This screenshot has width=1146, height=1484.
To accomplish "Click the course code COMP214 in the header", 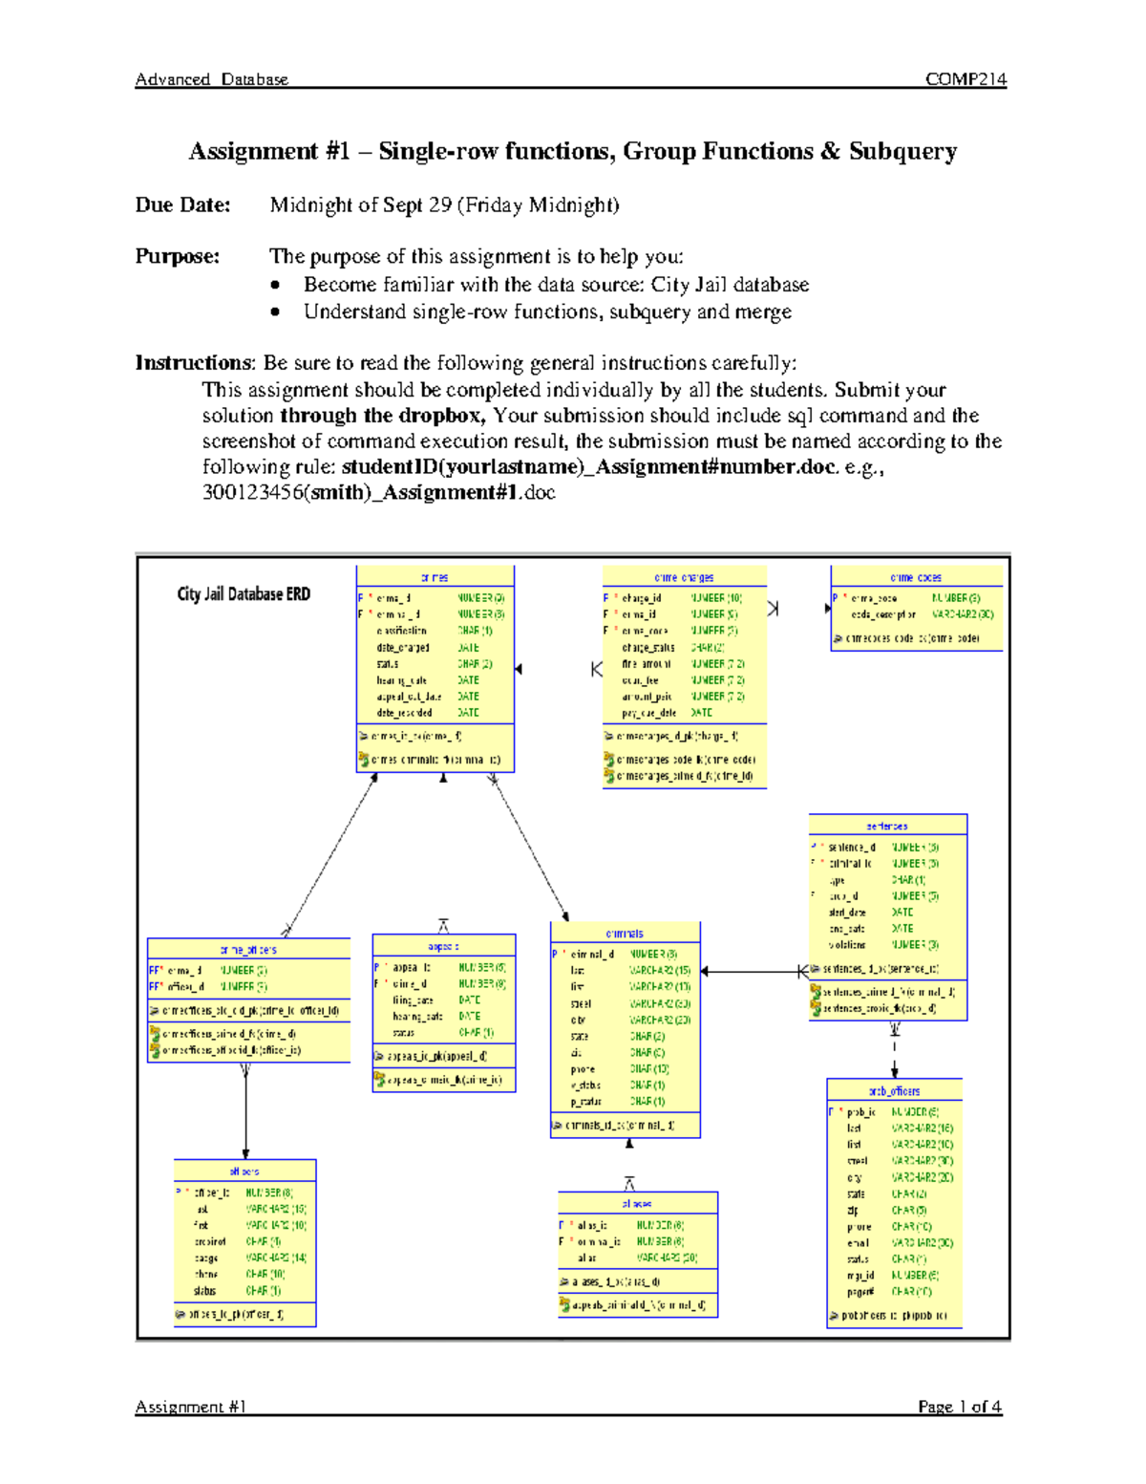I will (x=966, y=79).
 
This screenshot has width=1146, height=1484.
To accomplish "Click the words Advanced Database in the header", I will (x=211, y=79).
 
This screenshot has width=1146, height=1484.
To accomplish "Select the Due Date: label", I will (x=182, y=204).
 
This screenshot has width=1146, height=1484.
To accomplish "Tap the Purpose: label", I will (x=177, y=256).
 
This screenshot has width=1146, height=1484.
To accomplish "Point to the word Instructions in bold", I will (x=194, y=363).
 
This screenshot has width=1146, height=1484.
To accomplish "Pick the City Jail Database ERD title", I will (x=244, y=594).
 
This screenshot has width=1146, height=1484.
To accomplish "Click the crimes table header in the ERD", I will (x=435, y=577).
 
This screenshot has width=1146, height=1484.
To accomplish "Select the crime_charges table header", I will (x=684, y=577).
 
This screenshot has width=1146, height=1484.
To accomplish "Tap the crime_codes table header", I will (x=916, y=577).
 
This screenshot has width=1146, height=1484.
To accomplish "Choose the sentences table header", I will (x=887, y=826).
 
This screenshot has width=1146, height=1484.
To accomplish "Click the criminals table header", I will (x=625, y=934).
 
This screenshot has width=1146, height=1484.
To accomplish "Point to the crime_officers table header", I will (x=248, y=950).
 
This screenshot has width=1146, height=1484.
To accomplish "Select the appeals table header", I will (x=443, y=946).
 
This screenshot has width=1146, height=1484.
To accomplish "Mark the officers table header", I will (x=244, y=1171).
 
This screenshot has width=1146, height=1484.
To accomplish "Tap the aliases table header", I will (x=637, y=1204).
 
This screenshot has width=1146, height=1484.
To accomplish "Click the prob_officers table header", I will (x=894, y=1090).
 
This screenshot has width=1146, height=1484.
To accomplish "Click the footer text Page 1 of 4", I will (x=960, y=1407).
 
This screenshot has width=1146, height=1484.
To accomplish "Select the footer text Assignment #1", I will (x=191, y=1407).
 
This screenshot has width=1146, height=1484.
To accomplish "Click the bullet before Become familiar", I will (x=275, y=285).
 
